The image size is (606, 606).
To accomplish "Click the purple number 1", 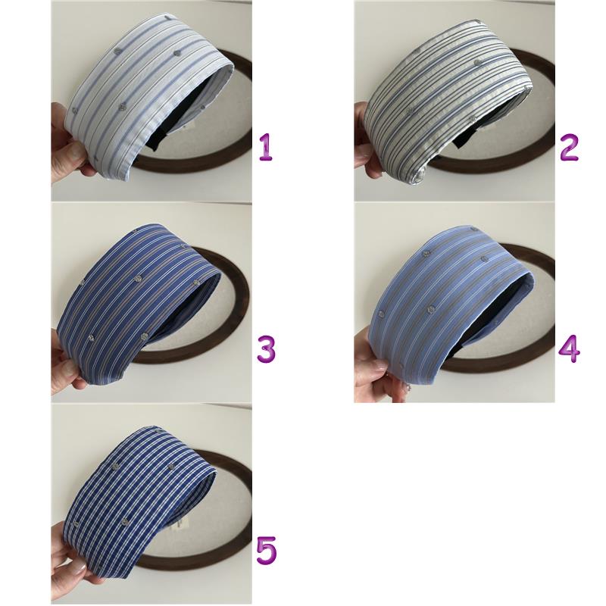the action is pyautogui.click(x=266, y=147).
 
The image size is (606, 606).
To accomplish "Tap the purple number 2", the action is pyautogui.click(x=570, y=147).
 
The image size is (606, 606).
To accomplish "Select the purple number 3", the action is pyautogui.click(x=267, y=349).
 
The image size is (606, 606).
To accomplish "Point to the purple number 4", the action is pyautogui.click(x=570, y=349).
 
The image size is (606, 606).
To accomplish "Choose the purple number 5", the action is pyautogui.click(x=267, y=550).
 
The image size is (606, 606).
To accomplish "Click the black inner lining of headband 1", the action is pyautogui.click(x=182, y=116).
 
